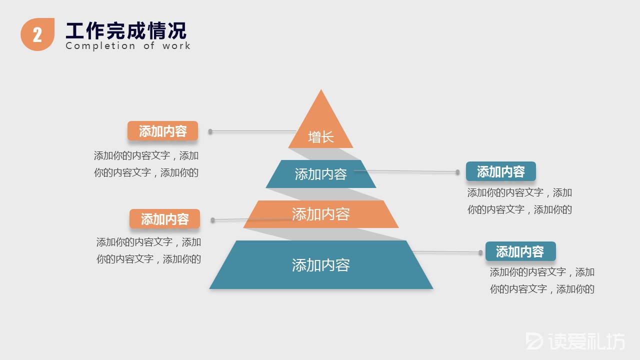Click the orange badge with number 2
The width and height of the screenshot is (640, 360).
tap(37, 34)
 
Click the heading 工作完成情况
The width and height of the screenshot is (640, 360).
tap(126, 30)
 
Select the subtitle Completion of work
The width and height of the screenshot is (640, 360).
tap(128, 46)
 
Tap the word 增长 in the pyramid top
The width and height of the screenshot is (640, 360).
tap(320, 137)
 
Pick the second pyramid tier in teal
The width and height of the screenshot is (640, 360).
tap(320, 174)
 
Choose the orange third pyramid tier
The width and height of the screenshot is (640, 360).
tap(320, 214)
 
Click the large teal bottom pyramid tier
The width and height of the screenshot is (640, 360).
tap(320, 264)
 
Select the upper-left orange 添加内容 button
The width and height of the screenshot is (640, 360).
tap(162, 131)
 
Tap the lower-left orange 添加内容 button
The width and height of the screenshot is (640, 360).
tap(164, 219)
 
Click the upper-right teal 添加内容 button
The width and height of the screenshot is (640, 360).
tap(500, 171)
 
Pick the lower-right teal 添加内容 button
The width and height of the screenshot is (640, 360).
tap(520, 251)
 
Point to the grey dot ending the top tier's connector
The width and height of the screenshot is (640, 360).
tap(210, 131)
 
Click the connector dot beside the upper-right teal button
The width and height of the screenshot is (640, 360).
tap(457, 172)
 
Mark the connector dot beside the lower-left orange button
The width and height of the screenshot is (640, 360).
tap(213, 220)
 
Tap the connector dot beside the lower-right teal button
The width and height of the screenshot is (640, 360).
tap(480, 252)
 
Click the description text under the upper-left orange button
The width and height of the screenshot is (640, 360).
tap(146, 164)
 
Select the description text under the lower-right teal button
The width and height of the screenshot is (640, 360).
tap(542, 280)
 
